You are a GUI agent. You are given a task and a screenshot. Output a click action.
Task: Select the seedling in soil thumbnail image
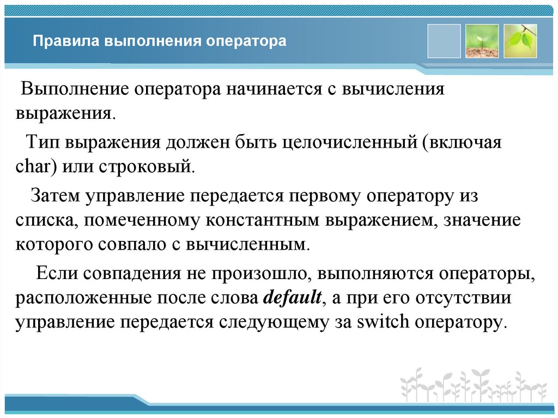point(482,41)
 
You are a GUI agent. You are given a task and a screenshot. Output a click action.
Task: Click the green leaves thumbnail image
point(520,41)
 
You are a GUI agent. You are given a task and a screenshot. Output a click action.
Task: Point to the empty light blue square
point(444,41)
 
